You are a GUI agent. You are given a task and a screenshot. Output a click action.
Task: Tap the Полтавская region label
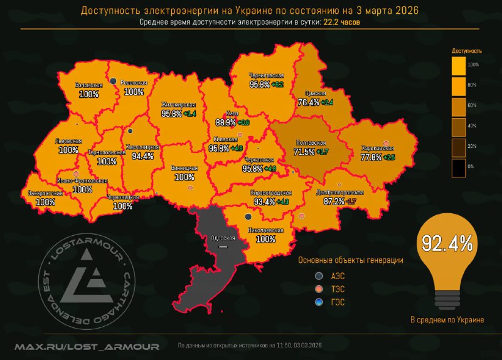tap(311, 143)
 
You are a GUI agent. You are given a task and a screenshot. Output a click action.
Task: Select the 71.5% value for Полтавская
tap(305, 152)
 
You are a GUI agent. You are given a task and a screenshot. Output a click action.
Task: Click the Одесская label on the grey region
tap(222, 238)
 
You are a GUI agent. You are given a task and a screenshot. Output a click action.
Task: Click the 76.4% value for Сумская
tap(309, 102)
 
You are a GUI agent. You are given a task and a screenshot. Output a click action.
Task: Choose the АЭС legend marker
tap(319, 276)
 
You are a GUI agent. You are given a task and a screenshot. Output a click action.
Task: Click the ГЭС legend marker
tap(319, 302)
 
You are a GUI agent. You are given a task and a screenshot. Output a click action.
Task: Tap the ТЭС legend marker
tap(319, 289)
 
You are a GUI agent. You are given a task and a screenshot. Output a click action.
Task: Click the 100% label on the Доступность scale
tap(474, 65)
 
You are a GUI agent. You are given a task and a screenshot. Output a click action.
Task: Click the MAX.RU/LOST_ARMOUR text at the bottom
tap(87, 346)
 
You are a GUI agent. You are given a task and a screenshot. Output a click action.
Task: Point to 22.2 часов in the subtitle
tap(342, 22)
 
